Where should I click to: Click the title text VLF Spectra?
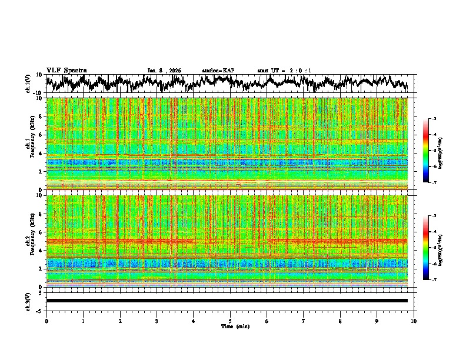point(66,70)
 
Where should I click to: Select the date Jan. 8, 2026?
point(164,71)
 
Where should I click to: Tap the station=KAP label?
point(218,71)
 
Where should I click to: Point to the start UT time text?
point(284,71)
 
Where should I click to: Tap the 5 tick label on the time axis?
point(230,321)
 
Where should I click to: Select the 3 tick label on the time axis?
point(157,321)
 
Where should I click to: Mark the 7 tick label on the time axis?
point(303,321)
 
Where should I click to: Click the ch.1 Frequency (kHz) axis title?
point(31,144)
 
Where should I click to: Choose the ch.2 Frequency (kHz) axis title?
point(31,241)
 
